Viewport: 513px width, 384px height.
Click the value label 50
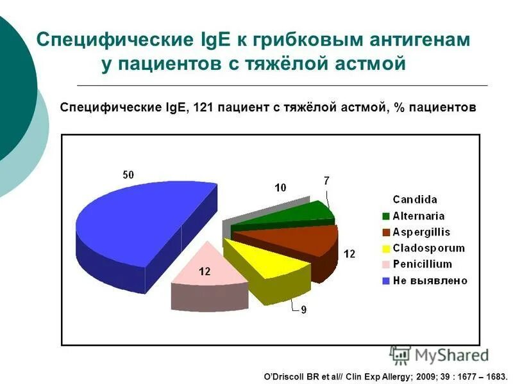[x=129, y=175]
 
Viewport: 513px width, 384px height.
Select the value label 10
[x=280, y=188]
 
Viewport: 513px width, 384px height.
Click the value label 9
[x=304, y=310]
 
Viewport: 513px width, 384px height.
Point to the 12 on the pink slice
[x=205, y=271]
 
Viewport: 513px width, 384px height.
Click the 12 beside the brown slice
[x=349, y=254]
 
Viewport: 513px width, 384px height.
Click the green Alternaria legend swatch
[x=386, y=216]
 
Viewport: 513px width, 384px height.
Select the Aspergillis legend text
[x=421, y=232]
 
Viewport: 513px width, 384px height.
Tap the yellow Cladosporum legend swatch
[x=386, y=248]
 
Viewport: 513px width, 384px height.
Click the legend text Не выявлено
[x=430, y=280]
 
